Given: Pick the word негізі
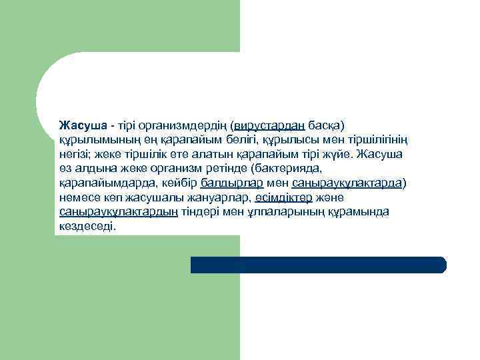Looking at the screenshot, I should [x=75, y=154].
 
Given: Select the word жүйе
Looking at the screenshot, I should [x=339, y=154].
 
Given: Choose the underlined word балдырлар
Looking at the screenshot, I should [x=231, y=183].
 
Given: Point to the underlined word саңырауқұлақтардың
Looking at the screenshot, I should [x=118, y=212].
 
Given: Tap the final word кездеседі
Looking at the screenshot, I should [x=87, y=227].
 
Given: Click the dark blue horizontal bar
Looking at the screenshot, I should [x=318, y=265].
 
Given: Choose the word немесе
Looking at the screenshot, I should [x=77, y=197].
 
